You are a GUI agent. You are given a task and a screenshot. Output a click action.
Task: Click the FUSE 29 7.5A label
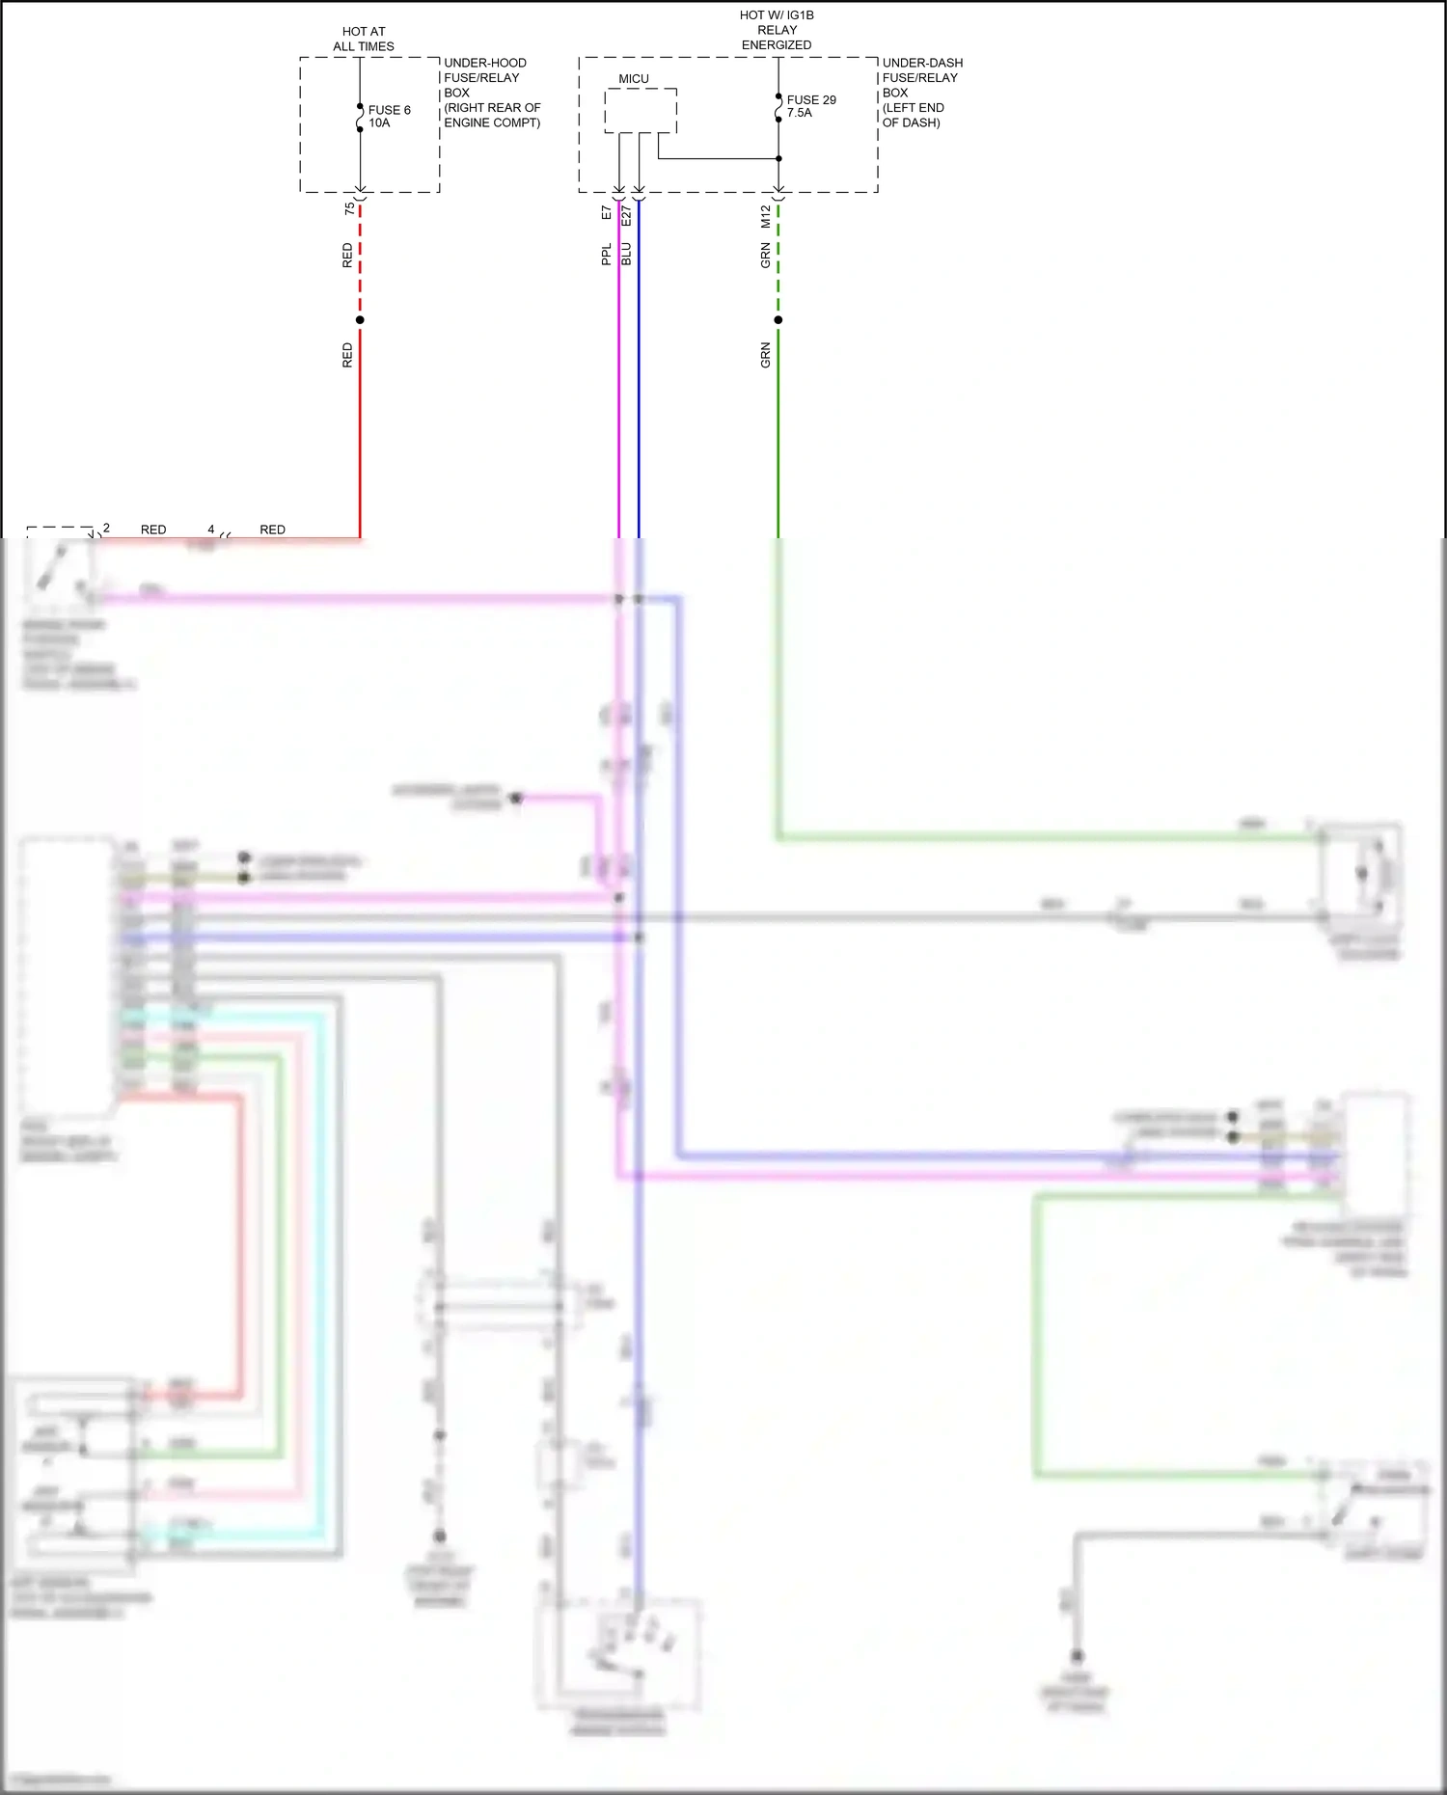click(810, 106)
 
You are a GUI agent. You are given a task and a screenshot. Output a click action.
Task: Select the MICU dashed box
click(641, 111)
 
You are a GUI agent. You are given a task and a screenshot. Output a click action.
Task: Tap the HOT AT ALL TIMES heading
click(364, 39)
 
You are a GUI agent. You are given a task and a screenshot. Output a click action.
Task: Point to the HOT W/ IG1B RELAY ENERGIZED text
click(777, 30)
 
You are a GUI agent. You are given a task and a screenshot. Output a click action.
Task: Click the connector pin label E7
click(607, 212)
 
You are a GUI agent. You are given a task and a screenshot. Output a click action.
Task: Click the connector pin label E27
click(626, 215)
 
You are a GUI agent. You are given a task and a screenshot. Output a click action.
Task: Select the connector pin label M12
click(766, 216)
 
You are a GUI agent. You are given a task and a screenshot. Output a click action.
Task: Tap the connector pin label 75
click(349, 208)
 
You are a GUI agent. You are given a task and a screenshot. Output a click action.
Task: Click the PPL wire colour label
click(607, 255)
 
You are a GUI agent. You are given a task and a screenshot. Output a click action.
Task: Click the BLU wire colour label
click(626, 255)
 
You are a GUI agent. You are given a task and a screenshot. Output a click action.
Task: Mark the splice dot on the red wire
click(360, 320)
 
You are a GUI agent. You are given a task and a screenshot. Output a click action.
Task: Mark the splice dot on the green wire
click(778, 320)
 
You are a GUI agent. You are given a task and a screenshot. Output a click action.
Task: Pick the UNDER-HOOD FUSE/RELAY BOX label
click(491, 93)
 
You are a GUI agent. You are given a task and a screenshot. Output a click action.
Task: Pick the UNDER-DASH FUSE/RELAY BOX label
click(921, 93)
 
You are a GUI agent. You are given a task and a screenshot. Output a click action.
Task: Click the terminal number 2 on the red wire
click(106, 528)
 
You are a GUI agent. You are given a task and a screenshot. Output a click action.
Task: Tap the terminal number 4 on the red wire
click(211, 530)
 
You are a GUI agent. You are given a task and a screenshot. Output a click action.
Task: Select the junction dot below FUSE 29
click(778, 158)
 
